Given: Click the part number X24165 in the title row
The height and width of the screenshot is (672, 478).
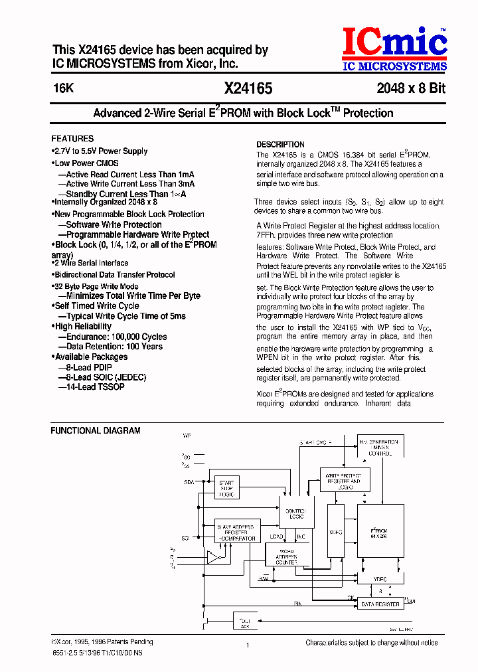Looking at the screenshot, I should (248, 88).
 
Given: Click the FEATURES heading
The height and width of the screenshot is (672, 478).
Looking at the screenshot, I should (72, 139).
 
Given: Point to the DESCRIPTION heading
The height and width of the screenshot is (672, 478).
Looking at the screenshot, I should (280, 144).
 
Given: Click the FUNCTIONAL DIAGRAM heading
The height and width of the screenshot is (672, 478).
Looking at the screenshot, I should (96, 430).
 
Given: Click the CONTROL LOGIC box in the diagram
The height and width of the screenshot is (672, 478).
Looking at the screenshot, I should (295, 513).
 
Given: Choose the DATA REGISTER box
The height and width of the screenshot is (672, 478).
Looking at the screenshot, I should (380, 604).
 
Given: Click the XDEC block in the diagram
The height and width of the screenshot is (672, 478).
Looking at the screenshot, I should (335, 531).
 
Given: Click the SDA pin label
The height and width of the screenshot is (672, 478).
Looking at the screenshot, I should (189, 483).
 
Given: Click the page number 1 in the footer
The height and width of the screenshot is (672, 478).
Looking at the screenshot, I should (247, 645).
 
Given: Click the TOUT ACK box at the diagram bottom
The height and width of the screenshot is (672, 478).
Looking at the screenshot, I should (245, 622).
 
